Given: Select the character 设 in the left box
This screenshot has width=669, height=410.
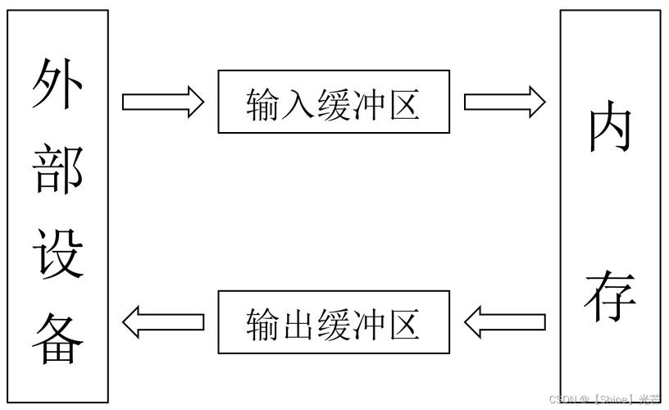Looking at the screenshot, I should click(x=58, y=253).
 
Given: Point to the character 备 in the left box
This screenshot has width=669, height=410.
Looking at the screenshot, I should click(x=58, y=339).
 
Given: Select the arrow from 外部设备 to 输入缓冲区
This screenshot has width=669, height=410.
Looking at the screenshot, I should click(x=162, y=102).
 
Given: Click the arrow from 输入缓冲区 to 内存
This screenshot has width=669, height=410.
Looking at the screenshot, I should click(x=504, y=102).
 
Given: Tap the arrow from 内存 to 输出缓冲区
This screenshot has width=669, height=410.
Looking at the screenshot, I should click(x=504, y=321).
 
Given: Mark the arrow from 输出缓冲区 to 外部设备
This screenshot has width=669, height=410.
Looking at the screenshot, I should click(x=162, y=321).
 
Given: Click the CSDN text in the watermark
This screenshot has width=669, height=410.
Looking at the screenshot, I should click(x=563, y=399).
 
